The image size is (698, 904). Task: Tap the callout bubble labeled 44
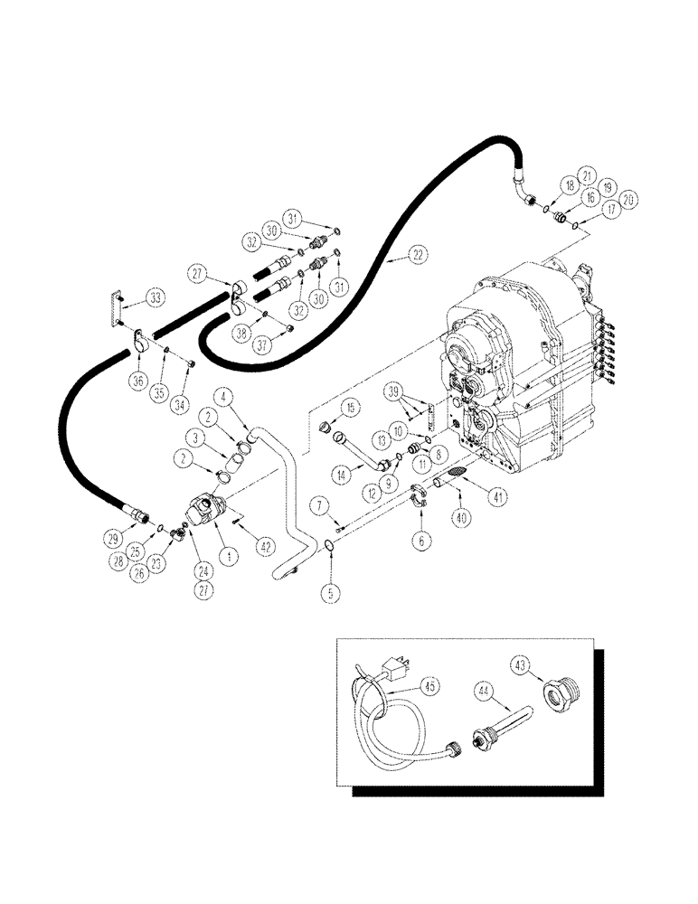click(484, 691)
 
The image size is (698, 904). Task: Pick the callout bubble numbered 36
click(138, 381)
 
